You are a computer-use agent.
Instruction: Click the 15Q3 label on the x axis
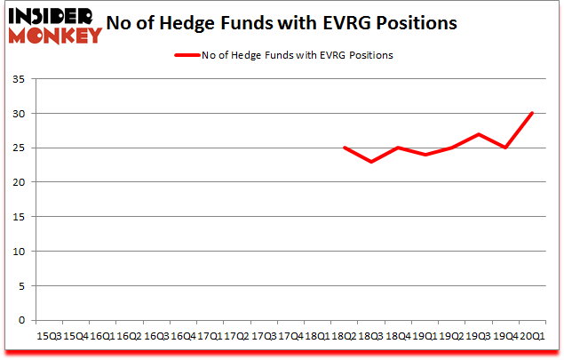[x=48, y=335]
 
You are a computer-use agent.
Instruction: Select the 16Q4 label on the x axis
[x=183, y=335]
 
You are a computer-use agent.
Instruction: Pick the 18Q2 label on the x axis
[x=344, y=335]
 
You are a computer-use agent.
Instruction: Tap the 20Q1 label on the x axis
[x=532, y=335]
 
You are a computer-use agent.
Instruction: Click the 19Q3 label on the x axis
[x=478, y=335]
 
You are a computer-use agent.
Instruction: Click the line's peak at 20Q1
[x=532, y=113]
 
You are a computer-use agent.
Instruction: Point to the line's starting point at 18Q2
[x=344, y=148]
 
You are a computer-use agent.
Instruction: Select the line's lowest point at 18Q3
[x=371, y=162]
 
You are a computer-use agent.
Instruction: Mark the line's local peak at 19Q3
[x=478, y=134]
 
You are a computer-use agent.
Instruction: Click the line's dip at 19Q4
[x=505, y=148]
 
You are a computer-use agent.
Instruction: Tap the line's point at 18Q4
[x=398, y=148]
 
